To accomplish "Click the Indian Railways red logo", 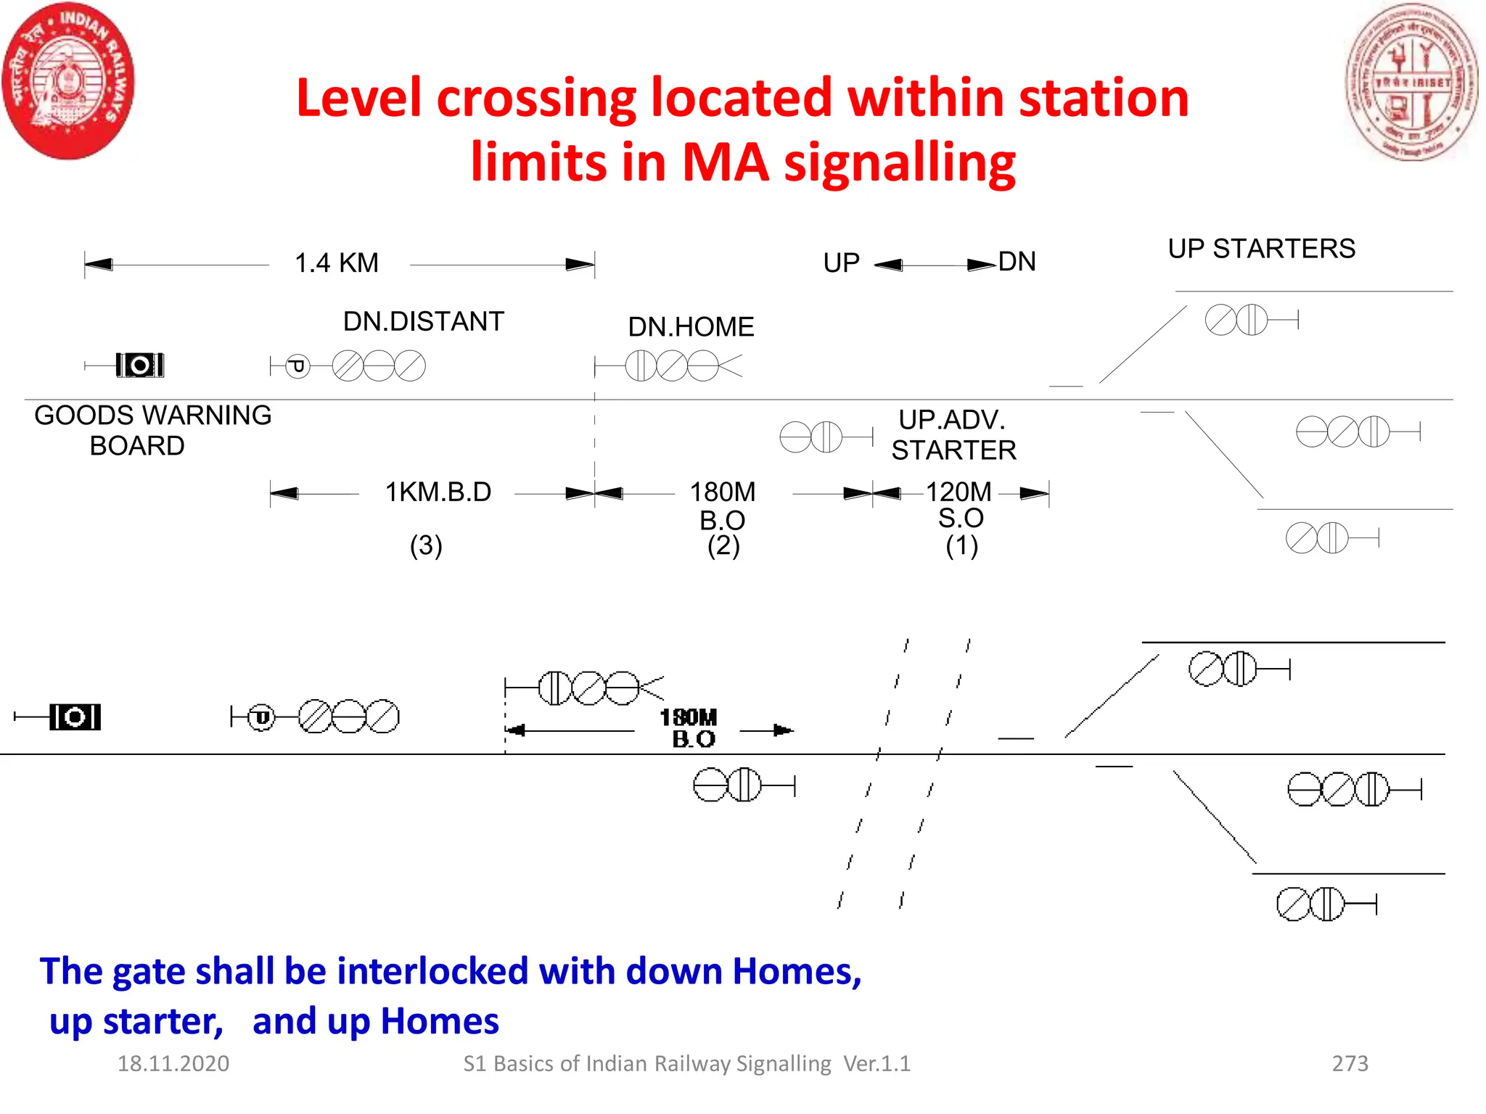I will (x=68, y=81).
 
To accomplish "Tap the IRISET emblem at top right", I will (x=1411, y=82).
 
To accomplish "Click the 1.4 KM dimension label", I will (x=336, y=263).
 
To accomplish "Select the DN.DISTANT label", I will (x=423, y=321).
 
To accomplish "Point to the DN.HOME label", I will (x=690, y=327).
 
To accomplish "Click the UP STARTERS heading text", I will (x=1261, y=249).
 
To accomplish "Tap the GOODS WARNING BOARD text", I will (x=152, y=430).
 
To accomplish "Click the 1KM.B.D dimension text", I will (x=438, y=492).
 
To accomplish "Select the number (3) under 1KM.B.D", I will (x=426, y=545).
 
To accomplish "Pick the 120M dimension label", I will (x=958, y=492).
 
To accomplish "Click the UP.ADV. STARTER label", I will (x=953, y=435).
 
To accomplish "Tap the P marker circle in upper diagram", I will (x=297, y=366).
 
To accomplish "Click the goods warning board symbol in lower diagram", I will (x=75, y=717).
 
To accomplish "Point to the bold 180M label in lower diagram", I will (x=688, y=718).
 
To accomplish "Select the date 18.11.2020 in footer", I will (x=173, y=1063).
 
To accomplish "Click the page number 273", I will (x=1350, y=1063).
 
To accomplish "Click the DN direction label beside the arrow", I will (x=1017, y=262).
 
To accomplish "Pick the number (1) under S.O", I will (x=961, y=545).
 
